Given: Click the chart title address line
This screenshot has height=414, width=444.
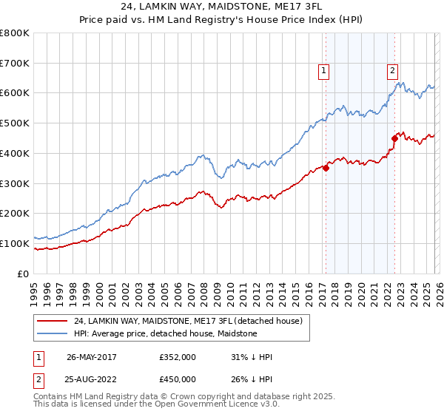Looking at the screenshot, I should click(221, 7).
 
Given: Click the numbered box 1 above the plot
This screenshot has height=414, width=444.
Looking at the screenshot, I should click(324, 71).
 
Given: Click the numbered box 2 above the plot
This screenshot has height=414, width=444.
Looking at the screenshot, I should click(391, 71).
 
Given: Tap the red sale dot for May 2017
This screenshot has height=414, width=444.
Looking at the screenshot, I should click(326, 168).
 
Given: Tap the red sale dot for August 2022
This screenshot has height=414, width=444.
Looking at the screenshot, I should click(394, 138).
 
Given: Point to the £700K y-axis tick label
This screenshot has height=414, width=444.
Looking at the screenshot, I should click(15, 64).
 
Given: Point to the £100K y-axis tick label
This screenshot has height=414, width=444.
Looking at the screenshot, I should click(15, 243).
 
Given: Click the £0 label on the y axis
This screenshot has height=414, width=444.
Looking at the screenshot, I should click(23, 274).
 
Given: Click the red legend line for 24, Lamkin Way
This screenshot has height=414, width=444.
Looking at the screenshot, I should click(53, 322).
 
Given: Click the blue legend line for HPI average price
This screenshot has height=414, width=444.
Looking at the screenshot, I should click(53, 334).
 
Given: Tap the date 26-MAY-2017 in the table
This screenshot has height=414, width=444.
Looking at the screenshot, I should click(91, 357).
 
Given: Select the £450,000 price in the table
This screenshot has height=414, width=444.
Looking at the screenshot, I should click(178, 379).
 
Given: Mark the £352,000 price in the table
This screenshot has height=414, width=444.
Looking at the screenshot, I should click(178, 357).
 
